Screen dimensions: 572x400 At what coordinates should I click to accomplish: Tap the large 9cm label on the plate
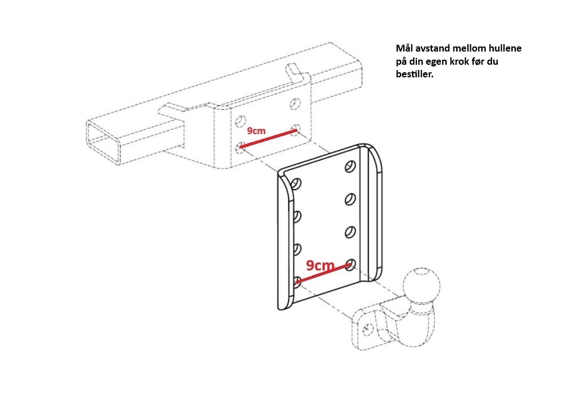(x=320, y=265)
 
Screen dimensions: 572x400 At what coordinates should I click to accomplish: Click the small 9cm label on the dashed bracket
(x=256, y=131)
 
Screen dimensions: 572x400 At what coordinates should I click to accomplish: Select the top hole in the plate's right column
(x=350, y=166)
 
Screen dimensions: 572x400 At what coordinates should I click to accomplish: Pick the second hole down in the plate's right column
(x=350, y=199)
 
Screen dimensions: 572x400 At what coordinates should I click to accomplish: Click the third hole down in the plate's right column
(x=350, y=232)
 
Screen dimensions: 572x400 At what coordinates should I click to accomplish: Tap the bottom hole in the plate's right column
(x=350, y=264)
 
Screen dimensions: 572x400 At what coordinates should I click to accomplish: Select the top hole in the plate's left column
(x=296, y=184)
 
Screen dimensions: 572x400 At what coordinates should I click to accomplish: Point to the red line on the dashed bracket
(x=268, y=139)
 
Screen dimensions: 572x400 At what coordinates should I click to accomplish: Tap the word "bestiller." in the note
(x=415, y=74)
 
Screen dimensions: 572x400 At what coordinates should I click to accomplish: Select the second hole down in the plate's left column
(x=297, y=217)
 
